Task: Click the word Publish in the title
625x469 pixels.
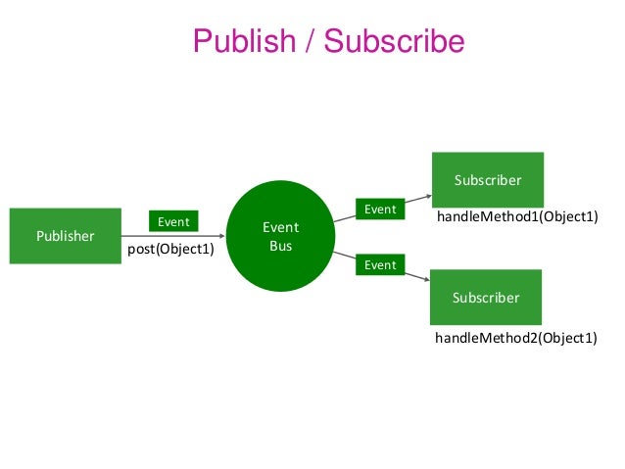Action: (243, 41)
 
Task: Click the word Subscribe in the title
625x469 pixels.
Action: (394, 41)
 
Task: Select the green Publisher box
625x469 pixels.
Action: (66, 236)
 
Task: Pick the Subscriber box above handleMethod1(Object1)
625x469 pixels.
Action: (487, 179)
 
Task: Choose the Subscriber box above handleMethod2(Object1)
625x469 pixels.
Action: (487, 297)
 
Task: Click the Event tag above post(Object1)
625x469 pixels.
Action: (174, 222)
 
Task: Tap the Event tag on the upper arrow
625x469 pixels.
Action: (380, 209)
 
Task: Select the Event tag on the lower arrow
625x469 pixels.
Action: (380, 264)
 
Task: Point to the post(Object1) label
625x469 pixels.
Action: (171, 250)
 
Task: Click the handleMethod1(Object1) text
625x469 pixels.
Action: (516, 216)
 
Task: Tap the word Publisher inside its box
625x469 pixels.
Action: (66, 236)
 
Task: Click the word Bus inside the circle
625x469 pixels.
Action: (280, 246)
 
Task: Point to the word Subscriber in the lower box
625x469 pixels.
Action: (487, 297)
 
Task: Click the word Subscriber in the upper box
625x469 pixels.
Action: (487, 180)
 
